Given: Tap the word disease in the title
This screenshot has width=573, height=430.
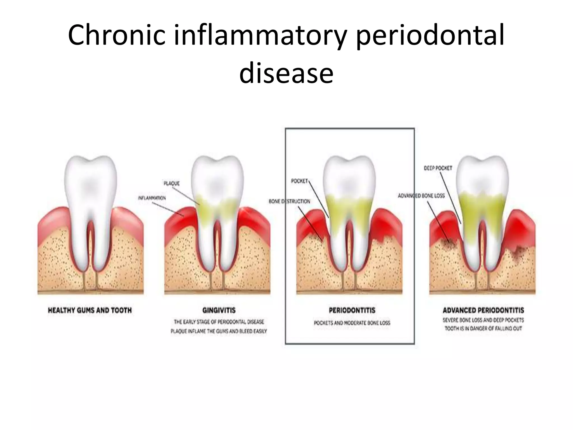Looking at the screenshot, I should (286, 73).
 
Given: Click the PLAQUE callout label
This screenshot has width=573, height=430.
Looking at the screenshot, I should (172, 183).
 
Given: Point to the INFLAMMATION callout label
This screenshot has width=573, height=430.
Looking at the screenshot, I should (152, 198).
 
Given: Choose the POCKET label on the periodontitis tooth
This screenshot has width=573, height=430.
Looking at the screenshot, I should (299, 181).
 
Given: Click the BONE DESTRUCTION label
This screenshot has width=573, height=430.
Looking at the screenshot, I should (289, 201).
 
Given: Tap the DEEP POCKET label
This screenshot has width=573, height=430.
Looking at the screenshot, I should (438, 168).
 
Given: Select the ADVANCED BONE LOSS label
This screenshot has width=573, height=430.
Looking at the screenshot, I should (421, 196).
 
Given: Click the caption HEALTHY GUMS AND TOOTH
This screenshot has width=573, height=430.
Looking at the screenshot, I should (90, 310).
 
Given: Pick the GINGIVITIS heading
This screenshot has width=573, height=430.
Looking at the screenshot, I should (219, 310).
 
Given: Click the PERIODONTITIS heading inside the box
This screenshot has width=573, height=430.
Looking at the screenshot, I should (352, 310).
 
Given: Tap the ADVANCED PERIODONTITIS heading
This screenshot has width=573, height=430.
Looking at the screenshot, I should (483, 310).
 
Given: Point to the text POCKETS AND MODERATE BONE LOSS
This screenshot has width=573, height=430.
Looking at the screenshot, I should (352, 323).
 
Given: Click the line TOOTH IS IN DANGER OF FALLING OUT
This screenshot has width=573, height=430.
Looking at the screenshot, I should (483, 328).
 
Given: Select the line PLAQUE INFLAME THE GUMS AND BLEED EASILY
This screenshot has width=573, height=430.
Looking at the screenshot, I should (219, 331).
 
